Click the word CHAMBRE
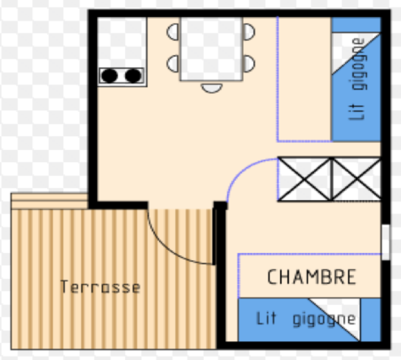[x=312, y=277]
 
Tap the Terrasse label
[x=100, y=287]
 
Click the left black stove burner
[x=109, y=76]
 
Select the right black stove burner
[x=133, y=76]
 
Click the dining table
[x=211, y=49]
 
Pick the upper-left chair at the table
[x=174, y=32]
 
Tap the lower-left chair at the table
[x=174, y=64]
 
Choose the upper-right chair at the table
[x=248, y=32]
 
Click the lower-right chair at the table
[x=248, y=64]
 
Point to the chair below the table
[x=212, y=88]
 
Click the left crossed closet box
[x=304, y=179]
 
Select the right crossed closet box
[x=356, y=179]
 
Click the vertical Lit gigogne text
[x=358, y=79]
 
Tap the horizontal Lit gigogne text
[x=306, y=319]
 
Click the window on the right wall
[x=386, y=242]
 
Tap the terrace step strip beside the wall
[x=49, y=201]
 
